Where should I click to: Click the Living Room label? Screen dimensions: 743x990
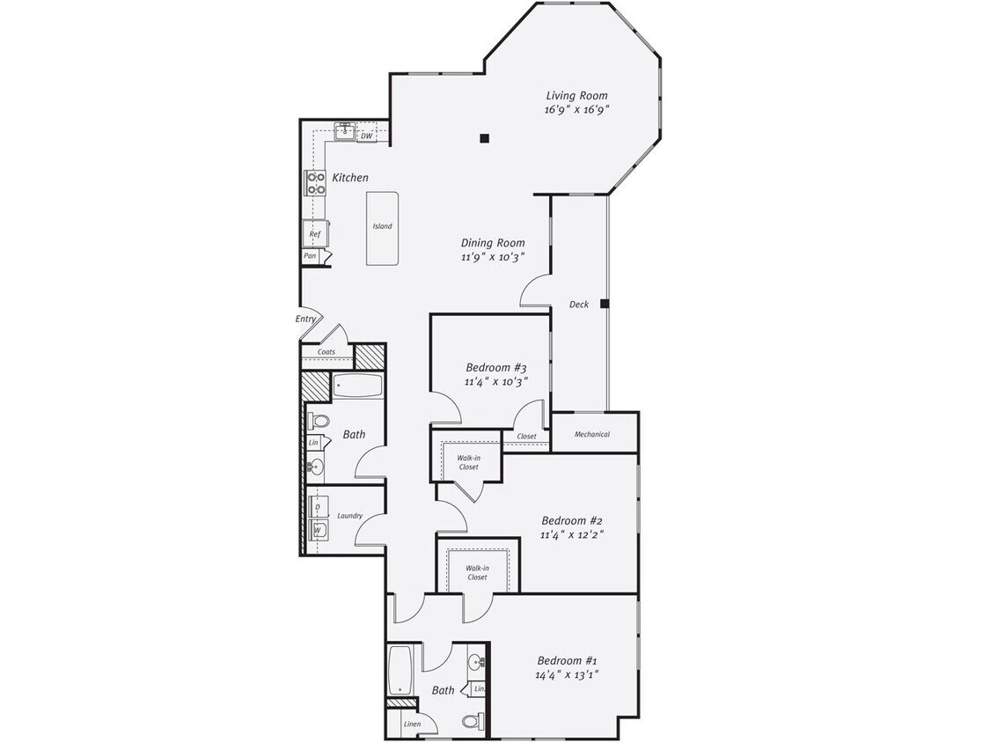click(x=576, y=96)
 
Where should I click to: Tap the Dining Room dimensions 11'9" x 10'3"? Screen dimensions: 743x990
click(x=492, y=257)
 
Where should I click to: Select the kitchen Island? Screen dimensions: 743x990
click(x=382, y=227)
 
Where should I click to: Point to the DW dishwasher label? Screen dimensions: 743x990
click(x=366, y=136)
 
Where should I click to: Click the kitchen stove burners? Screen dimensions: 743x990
click(x=315, y=183)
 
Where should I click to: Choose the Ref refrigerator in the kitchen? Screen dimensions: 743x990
click(x=314, y=234)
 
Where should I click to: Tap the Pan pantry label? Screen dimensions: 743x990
click(x=310, y=256)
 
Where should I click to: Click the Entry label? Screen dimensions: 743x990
click(x=305, y=319)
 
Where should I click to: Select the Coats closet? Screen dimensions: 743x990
click(x=326, y=352)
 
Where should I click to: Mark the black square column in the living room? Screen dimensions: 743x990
click(x=484, y=137)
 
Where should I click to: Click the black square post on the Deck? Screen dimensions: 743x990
click(x=605, y=304)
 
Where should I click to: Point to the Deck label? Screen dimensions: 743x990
click(x=578, y=305)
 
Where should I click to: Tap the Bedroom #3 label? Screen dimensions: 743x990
click(x=495, y=367)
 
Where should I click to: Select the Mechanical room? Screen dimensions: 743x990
click(x=592, y=434)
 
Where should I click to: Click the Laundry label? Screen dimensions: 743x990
click(x=349, y=516)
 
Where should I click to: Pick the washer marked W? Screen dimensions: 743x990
click(x=317, y=530)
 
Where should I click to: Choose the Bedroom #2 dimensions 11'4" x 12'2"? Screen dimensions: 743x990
click(x=571, y=534)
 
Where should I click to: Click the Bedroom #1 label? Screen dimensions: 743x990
click(x=568, y=661)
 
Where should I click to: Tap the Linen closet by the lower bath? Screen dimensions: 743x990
click(x=412, y=725)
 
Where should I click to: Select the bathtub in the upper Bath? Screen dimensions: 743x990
click(x=357, y=386)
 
